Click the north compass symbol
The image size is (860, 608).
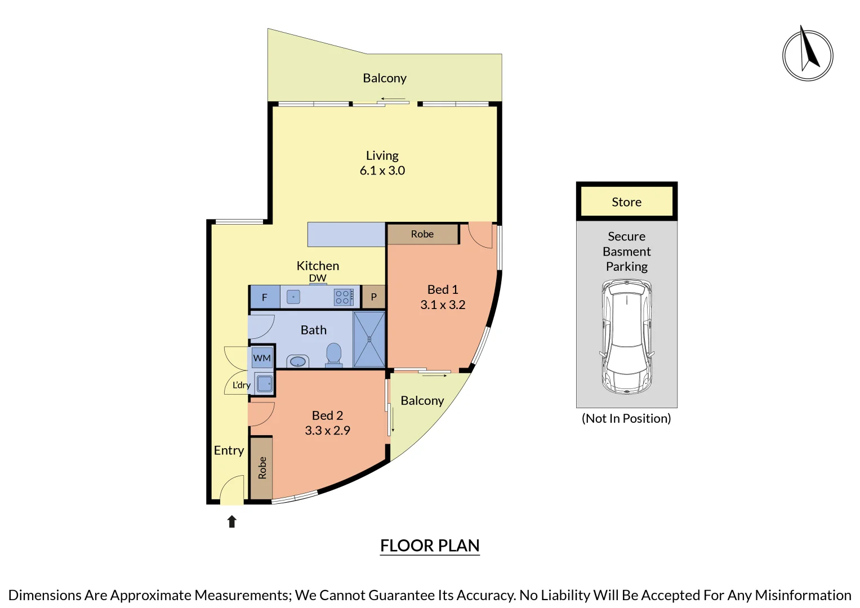[x=808, y=55]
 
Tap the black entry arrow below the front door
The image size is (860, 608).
[x=231, y=522]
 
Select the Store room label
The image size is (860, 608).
[x=626, y=202]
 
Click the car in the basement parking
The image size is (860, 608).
[x=627, y=337]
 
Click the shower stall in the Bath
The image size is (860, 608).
[x=369, y=339]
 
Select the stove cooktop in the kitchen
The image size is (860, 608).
[x=343, y=297]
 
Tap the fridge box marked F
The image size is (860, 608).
[x=265, y=297]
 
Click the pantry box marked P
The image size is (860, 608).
[x=373, y=297]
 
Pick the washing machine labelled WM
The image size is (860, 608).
[x=262, y=358]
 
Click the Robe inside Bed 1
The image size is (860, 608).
[x=422, y=234]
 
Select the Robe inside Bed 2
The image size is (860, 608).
[x=262, y=468]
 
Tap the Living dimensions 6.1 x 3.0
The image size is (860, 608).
[x=382, y=171]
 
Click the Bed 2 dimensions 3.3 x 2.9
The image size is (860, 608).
[x=327, y=431]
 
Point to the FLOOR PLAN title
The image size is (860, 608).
[x=430, y=546]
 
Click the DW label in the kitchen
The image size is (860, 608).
[x=318, y=278]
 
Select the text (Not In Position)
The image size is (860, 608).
[x=626, y=418]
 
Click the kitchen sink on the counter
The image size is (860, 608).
[x=293, y=297]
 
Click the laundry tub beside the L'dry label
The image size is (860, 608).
[x=264, y=384]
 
